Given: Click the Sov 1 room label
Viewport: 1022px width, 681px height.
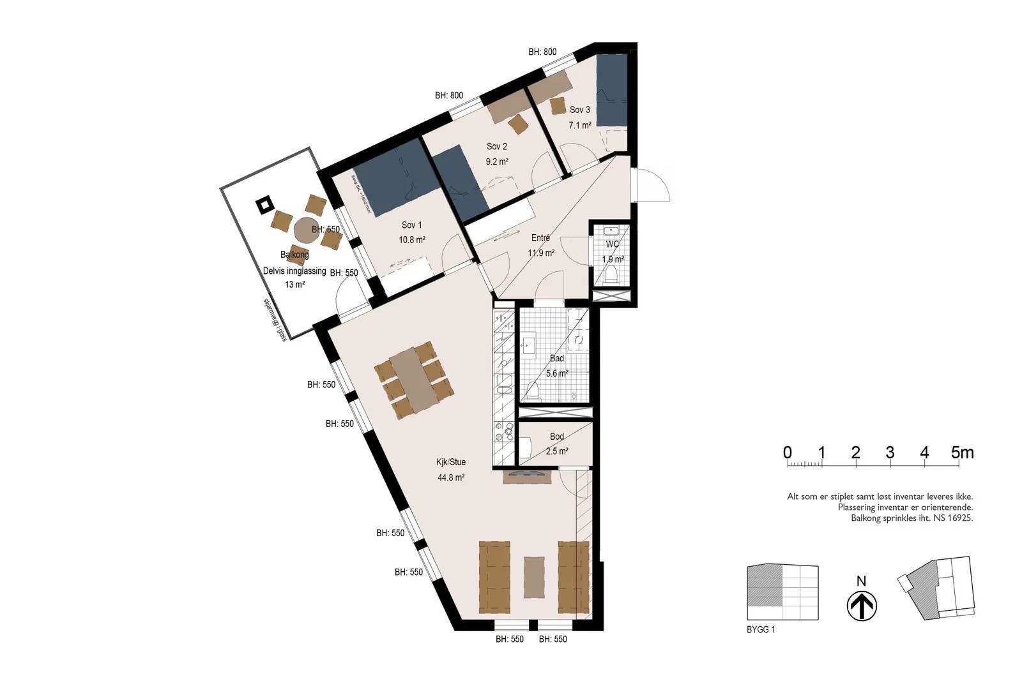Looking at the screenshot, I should (411, 225).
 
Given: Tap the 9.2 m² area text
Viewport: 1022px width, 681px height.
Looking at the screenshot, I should (496, 162).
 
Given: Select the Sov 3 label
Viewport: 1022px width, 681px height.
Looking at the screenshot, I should (580, 110).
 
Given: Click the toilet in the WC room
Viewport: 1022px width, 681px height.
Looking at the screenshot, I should (612, 275).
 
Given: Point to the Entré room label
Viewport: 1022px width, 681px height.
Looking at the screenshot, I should (540, 238).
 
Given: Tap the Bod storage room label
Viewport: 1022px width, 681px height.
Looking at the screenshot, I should (557, 437).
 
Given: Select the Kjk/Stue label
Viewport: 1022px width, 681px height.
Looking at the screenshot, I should (451, 462).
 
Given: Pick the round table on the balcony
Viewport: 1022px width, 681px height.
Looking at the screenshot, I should (305, 229).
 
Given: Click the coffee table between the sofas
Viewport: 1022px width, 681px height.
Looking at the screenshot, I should (535, 577).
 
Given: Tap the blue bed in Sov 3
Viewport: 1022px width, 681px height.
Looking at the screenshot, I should (612, 91).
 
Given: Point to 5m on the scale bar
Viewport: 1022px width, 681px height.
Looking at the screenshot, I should (962, 453).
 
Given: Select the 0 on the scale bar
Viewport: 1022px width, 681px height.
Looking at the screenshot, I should (788, 453).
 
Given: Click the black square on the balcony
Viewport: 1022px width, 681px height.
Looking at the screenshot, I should (264, 205).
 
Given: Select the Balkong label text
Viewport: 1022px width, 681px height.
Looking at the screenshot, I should (294, 254).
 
